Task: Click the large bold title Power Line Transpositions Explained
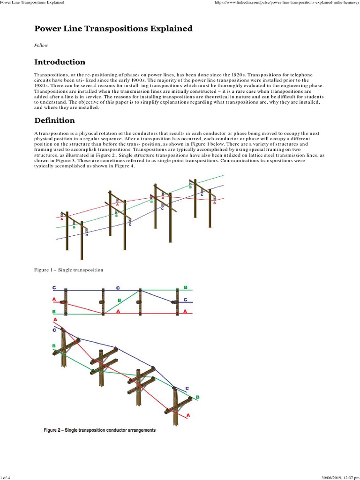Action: [113, 29]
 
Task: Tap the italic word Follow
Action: [40, 46]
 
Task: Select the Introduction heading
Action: [60, 62]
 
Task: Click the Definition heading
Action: [54, 120]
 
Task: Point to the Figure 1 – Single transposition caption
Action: [68, 270]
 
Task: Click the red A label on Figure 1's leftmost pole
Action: [62, 218]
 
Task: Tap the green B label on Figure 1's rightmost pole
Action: [190, 187]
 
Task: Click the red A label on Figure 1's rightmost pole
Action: [215, 203]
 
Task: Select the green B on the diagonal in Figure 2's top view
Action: [119, 300]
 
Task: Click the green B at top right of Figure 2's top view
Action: [186, 287]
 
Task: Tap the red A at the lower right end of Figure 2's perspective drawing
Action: [188, 415]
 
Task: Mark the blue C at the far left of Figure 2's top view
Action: [54, 287]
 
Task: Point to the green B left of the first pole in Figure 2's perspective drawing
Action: [54, 345]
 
